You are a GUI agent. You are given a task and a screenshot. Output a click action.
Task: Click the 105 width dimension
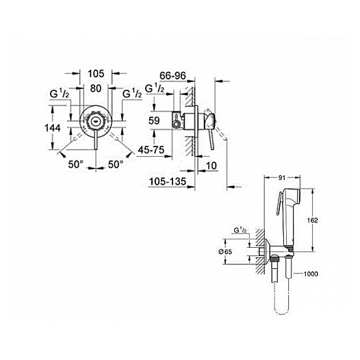[97, 74]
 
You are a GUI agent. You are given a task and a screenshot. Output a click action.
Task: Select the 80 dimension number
[96, 88]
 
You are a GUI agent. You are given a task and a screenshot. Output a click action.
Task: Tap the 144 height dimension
[53, 128]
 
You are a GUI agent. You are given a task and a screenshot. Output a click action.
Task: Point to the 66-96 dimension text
[172, 75]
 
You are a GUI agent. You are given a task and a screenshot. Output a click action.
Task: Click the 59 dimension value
[154, 120]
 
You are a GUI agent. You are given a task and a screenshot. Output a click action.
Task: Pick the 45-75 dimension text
[151, 150]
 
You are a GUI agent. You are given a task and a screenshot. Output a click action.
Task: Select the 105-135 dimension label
[168, 181]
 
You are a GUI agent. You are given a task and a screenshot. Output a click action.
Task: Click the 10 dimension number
[211, 166]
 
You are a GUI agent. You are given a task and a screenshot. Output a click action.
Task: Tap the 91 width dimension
[282, 178]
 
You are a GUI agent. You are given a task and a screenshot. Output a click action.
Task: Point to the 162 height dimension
[313, 220]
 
